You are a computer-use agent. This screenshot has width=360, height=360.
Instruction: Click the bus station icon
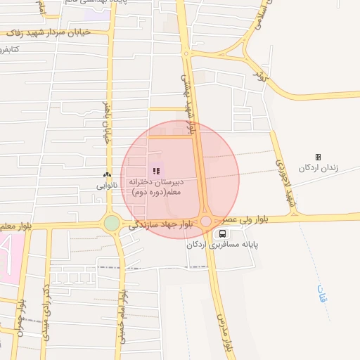pyautogui.click(x=223, y=233)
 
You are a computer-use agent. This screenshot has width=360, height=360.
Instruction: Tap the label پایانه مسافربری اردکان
pyautogui.click(x=223, y=245)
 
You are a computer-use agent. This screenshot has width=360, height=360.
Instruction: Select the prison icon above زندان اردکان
pyautogui.click(x=318, y=157)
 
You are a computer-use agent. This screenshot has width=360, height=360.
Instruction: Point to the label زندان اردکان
pyautogui.click(x=319, y=168)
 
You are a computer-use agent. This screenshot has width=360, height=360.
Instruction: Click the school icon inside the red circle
pyautogui.click(x=156, y=170)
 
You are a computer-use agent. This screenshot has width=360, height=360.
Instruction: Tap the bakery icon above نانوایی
pyautogui.click(x=107, y=175)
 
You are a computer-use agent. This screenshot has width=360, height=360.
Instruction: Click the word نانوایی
pyautogui.click(x=108, y=186)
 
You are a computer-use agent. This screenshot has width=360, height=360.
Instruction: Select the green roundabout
pyautogui.click(x=112, y=223)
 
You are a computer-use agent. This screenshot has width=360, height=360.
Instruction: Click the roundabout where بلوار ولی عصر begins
pyautogui.click(x=205, y=221)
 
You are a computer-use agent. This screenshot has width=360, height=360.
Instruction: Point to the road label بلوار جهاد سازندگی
pyautogui.click(x=159, y=224)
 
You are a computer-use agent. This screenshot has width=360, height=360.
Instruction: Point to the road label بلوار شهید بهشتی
pyautogui.click(x=188, y=98)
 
